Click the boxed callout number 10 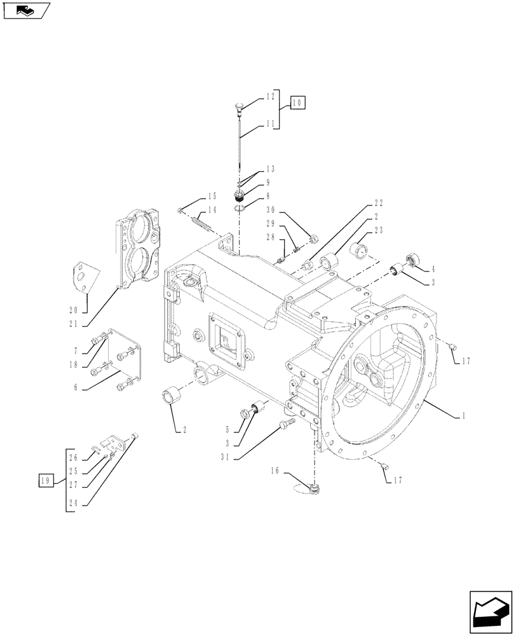(x=298, y=102)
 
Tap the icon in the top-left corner (x=26, y=10)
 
